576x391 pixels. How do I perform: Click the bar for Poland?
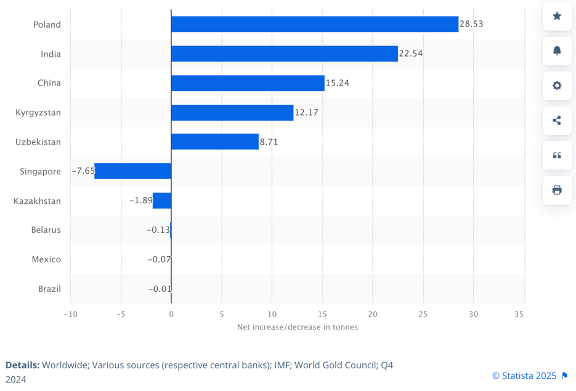(314, 25)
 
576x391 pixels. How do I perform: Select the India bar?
(284, 54)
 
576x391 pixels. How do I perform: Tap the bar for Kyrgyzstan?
(232, 113)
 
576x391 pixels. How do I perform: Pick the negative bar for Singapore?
(132, 171)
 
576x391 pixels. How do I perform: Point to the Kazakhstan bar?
(162, 201)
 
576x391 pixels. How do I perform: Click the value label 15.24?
(338, 83)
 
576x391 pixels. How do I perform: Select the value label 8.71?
(269, 142)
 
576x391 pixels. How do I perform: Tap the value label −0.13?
(158, 230)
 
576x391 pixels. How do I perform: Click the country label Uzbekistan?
(38, 142)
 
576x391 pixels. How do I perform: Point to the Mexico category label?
(46, 259)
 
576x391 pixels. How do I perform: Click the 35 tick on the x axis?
(519, 315)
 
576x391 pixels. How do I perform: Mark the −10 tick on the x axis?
(70, 315)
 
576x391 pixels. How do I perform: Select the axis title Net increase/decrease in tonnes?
(298, 327)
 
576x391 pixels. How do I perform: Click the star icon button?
(557, 16)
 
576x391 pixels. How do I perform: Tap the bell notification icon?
(557, 50)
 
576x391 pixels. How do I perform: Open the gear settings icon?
(557, 86)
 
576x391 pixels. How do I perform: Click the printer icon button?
(557, 190)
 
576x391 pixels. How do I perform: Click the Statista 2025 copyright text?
(524, 376)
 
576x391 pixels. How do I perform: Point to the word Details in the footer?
(22, 365)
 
